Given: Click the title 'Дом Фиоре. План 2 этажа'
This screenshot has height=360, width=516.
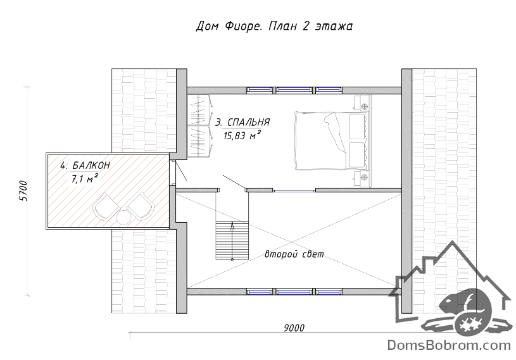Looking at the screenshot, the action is point(274,26).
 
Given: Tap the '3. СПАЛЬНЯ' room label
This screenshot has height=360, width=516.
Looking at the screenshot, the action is point(242,122).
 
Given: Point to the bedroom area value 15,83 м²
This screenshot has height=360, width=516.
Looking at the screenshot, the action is point(242,135).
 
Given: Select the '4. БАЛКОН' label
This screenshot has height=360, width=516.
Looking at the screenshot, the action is point(85,165).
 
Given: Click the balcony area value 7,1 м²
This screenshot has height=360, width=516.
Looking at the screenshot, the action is point(85,178).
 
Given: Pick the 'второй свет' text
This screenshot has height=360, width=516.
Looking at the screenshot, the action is point(294,254).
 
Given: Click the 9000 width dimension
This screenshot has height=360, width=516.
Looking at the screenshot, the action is point(294,328).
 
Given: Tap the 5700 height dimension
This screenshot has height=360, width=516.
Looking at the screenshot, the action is point(23,190).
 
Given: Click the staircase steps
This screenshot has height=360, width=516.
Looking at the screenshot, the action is point(232,240).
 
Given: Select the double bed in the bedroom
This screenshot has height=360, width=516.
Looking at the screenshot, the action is point(332,140).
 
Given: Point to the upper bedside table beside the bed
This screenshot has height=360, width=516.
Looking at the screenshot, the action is point(362,102).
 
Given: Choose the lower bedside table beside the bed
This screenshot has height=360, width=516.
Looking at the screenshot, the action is point(362,178).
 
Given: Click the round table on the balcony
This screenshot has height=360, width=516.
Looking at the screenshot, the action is point(123,217).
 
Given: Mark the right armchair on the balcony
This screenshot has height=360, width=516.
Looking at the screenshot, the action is point(141,206).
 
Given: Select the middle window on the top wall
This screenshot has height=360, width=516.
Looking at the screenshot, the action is point(294,89).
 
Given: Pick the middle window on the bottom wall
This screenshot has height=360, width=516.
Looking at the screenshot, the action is point(294,292).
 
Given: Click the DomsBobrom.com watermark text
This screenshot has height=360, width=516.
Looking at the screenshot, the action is point(449,345).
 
